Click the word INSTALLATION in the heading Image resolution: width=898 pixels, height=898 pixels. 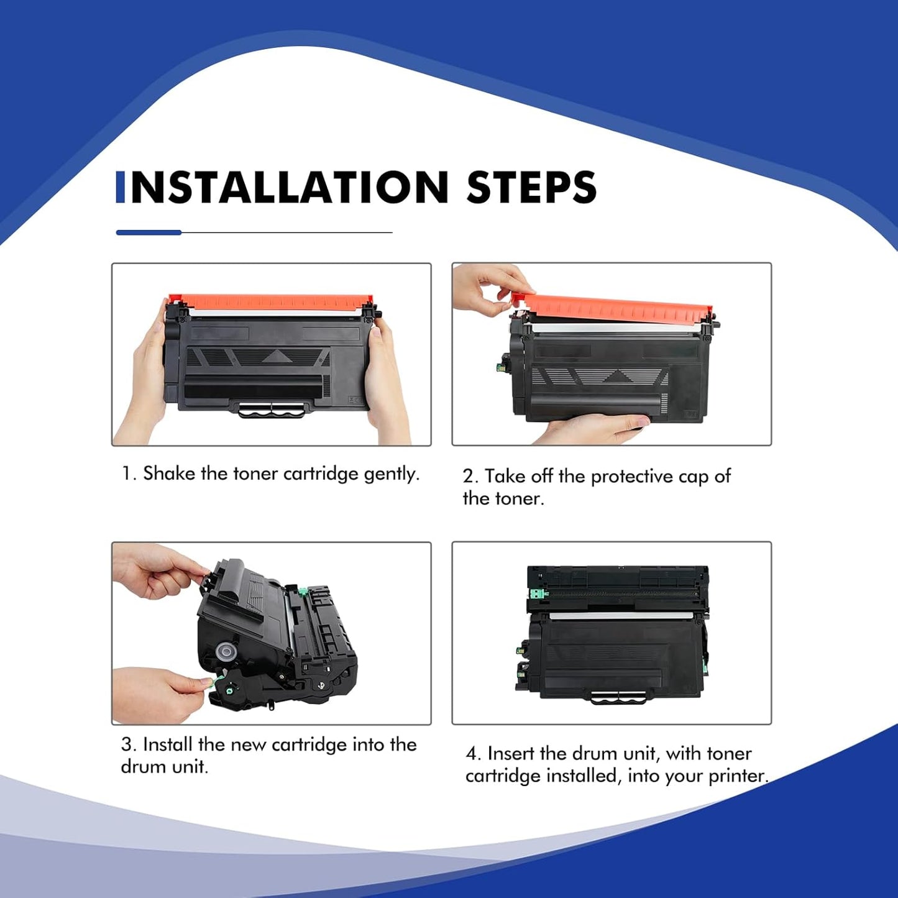point(290,188)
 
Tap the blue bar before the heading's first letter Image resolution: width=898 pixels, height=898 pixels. point(120,188)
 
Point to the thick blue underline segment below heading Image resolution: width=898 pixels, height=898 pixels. point(149,232)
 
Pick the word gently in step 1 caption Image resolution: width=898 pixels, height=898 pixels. point(391,474)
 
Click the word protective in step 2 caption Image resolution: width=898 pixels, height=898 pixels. point(631,477)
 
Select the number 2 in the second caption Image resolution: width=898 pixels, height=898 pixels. point(468,477)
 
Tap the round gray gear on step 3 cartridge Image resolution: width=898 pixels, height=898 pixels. point(226,652)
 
